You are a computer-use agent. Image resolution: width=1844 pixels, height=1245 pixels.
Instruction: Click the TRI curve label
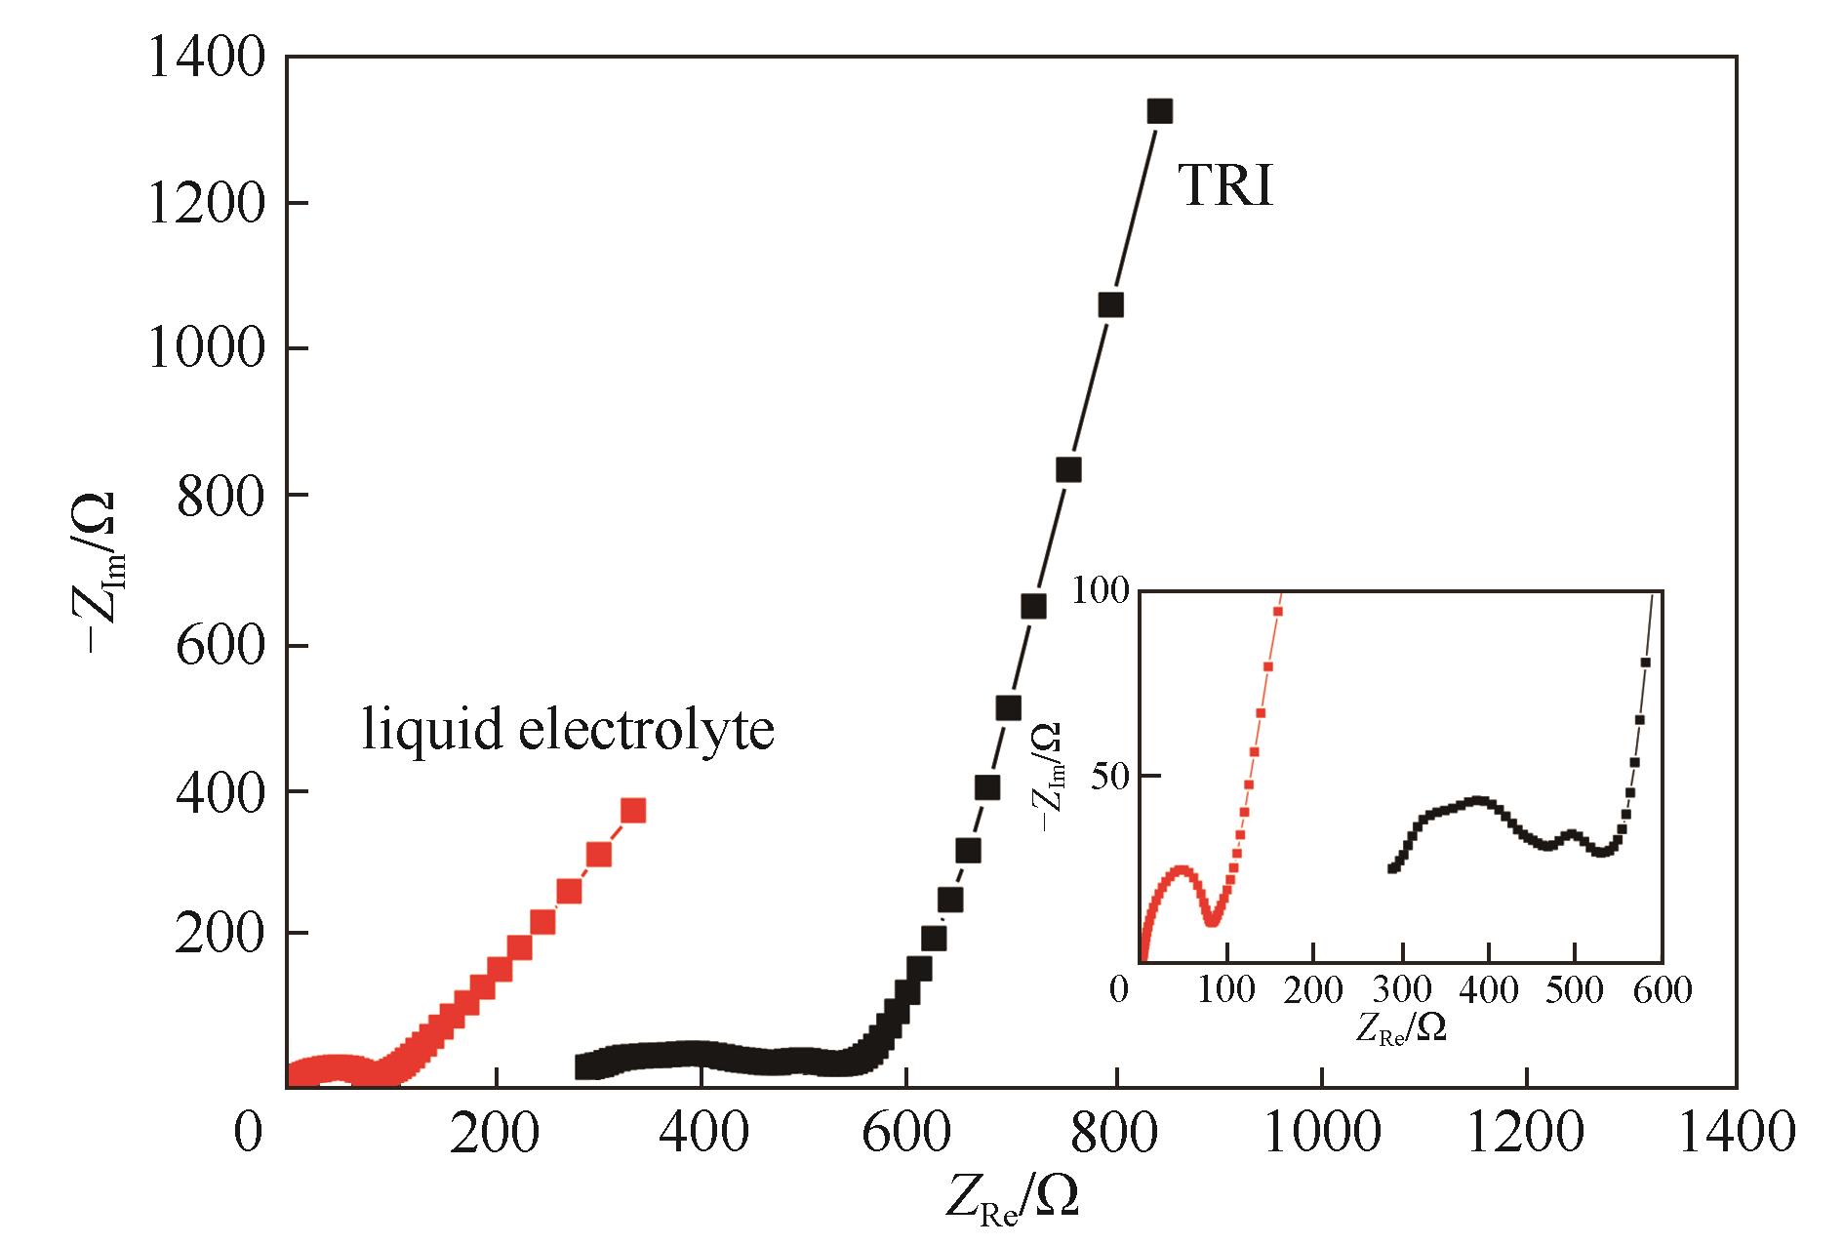1226,185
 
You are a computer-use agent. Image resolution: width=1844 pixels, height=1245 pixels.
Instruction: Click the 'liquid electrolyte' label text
568,730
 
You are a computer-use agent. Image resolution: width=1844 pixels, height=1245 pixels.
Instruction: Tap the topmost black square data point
1159,111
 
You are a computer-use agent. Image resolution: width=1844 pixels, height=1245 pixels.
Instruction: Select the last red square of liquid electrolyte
633,811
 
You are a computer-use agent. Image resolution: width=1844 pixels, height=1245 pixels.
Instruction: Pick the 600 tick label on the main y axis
221,646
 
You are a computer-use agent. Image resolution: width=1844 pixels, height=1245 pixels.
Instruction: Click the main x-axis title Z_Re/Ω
1012,1194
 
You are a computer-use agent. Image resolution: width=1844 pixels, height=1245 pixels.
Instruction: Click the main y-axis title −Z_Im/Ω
100,571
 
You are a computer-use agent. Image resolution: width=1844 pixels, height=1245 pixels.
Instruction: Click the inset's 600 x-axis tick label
1663,991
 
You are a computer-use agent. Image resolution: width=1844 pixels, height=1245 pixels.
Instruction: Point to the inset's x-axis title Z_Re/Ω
1399,1027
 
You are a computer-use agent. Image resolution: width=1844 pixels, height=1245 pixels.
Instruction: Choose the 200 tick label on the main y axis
221,933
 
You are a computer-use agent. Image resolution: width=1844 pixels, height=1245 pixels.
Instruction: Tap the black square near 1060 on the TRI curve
1110,305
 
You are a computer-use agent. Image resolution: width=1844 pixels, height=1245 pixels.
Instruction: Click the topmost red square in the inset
1277,611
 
